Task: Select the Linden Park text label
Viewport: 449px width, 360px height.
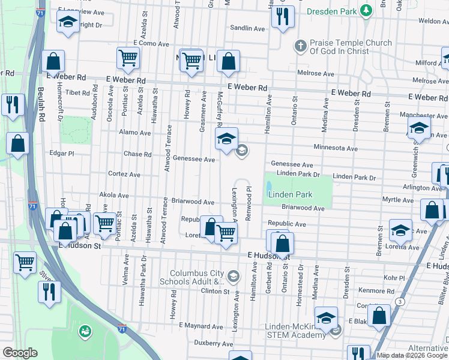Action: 290,195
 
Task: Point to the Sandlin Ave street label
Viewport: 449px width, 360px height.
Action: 247,28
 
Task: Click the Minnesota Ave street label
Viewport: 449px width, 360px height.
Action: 335,148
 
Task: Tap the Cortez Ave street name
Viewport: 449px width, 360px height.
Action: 124,175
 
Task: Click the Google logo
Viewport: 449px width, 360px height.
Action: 20,353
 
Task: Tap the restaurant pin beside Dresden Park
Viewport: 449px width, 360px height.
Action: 282,17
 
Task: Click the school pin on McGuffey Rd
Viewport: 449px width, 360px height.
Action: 226,140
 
